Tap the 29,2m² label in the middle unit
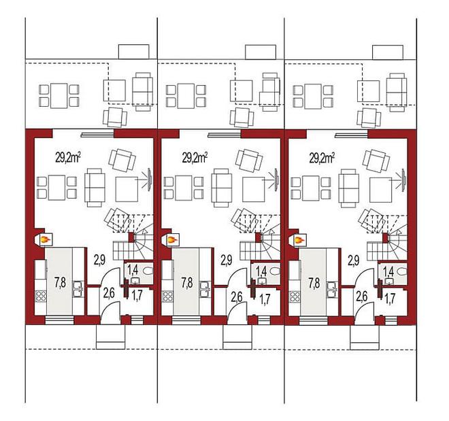click(195, 157)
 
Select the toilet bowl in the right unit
click(403, 271)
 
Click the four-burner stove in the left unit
click(41, 296)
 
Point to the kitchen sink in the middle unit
click(205, 288)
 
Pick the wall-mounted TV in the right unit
click(403, 180)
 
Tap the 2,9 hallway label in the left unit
click(99, 260)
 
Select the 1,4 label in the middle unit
click(261, 270)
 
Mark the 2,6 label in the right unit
click(361, 297)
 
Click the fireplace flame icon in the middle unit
click(172, 239)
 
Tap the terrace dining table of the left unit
click(59, 96)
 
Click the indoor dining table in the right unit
click(311, 188)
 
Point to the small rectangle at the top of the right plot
click(388, 52)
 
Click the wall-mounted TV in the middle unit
click(276, 180)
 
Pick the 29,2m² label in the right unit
click(322, 157)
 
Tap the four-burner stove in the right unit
click(294, 296)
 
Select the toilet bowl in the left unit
click(148, 271)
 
